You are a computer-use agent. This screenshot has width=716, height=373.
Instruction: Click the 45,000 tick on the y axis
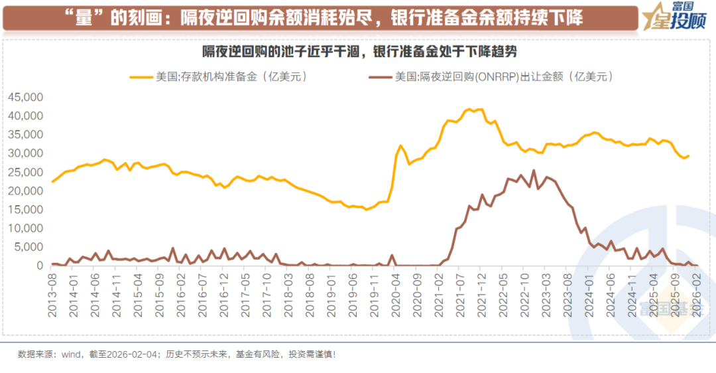click(x=27, y=97)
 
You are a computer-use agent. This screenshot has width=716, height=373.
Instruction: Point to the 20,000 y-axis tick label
click(x=27, y=190)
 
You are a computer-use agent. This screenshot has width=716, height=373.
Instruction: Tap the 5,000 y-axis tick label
click(x=30, y=247)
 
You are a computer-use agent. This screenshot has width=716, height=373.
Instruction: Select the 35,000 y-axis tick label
click(x=27, y=134)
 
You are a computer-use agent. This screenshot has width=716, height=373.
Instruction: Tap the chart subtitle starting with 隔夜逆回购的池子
click(x=359, y=51)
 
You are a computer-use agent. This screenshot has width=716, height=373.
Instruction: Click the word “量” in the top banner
click(x=83, y=18)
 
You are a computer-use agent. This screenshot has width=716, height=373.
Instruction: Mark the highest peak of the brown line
click(x=534, y=171)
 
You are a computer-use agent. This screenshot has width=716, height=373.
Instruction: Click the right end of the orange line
click(x=689, y=156)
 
